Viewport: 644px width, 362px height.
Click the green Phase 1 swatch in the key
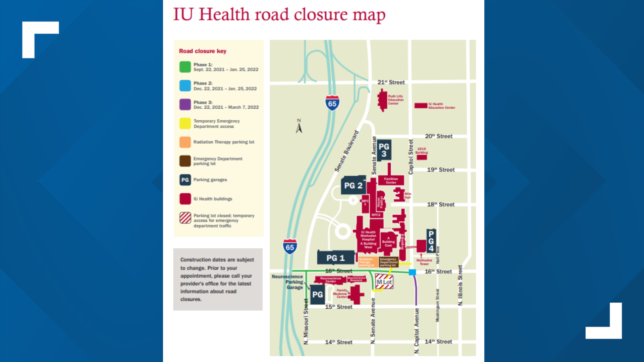pyautogui.click(x=185, y=67)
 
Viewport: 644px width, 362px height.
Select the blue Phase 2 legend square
pyautogui.click(x=185, y=85)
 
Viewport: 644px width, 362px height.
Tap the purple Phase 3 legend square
pyautogui.click(x=185, y=104)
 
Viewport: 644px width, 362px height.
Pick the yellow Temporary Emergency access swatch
pyautogui.click(x=185, y=123)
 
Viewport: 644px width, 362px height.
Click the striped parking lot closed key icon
pyautogui.click(x=185, y=218)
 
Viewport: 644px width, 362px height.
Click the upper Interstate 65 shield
pyautogui.click(x=332, y=103)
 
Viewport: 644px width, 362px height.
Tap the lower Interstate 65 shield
pyautogui.click(x=290, y=247)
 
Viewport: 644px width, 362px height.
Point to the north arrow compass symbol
pyautogui.click(x=299, y=127)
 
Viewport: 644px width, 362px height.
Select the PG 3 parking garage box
pyautogui.click(x=384, y=150)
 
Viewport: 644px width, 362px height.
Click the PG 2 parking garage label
pyautogui.click(x=353, y=185)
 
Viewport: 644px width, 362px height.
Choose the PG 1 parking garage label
pyautogui.click(x=335, y=258)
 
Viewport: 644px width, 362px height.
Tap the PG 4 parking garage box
pyautogui.click(x=431, y=241)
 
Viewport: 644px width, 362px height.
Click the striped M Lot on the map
pyautogui.click(x=384, y=282)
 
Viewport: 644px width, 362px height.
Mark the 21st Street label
pyautogui.click(x=391, y=82)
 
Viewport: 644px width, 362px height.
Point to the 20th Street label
pyautogui.click(x=438, y=136)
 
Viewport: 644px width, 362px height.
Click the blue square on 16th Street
pyautogui.click(x=413, y=272)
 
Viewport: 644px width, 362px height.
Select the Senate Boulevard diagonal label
pyautogui.click(x=346, y=151)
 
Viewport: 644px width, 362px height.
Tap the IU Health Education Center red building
pyautogui.click(x=421, y=106)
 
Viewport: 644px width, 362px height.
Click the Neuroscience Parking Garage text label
pyautogui.click(x=288, y=282)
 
